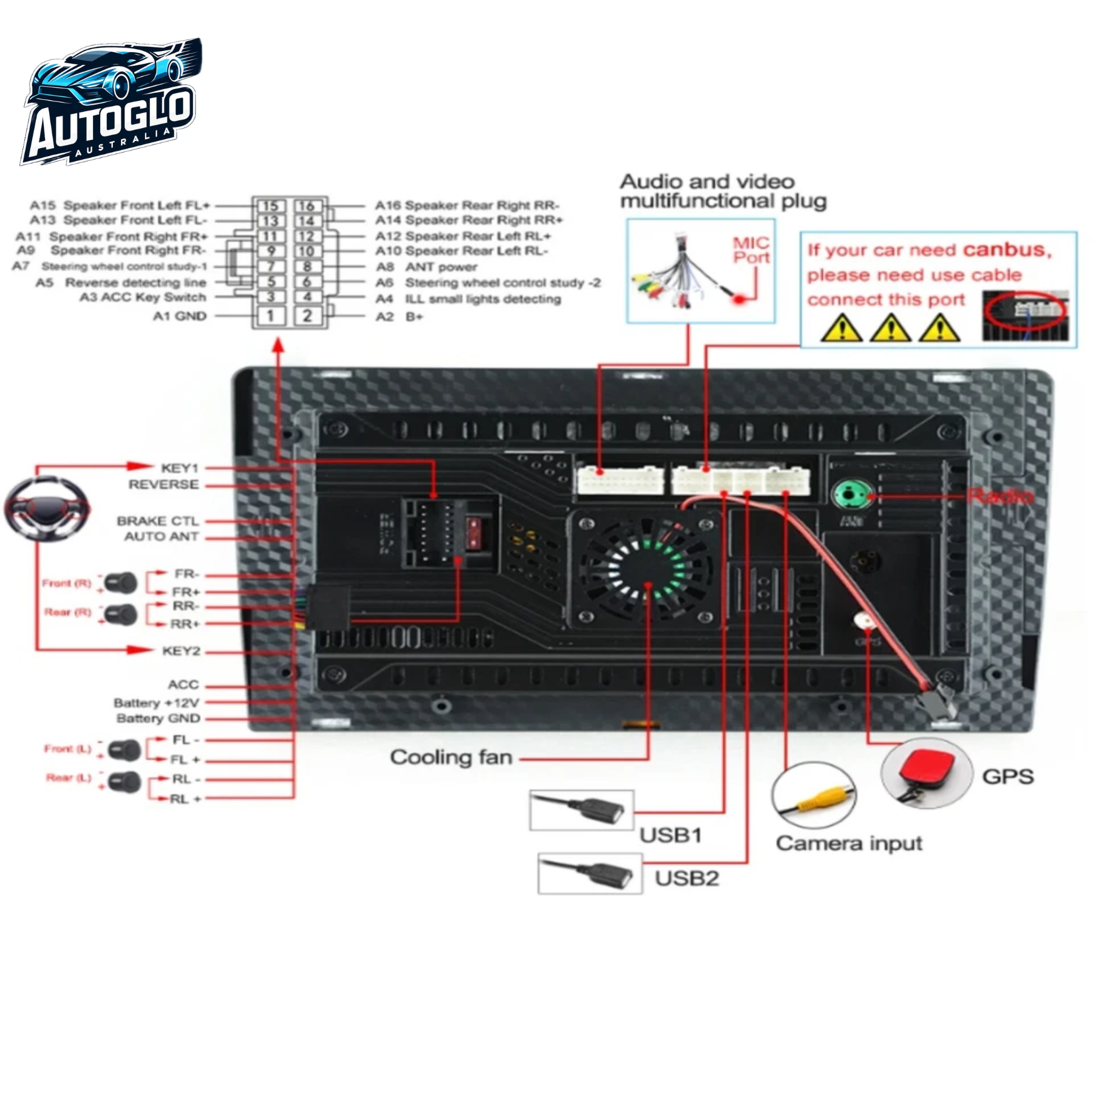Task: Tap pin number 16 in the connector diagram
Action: tap(307, 206)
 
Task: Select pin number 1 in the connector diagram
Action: tap(271, 316)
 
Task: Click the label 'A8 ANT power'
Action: tap(426, 267)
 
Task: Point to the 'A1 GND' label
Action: tap(179, 316)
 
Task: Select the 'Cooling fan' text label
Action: tap(451, 757)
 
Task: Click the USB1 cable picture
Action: tap(581, 809)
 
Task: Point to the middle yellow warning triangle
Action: tap(891, 329)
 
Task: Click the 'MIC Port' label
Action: tap(751, 250)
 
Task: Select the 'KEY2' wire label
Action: tap(181, 651)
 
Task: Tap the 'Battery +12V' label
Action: tap(156, 703)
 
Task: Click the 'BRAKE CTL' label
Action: tap(157, 521)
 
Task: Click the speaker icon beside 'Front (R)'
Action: tap(121, 583)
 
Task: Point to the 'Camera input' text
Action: tap(849, 843)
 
